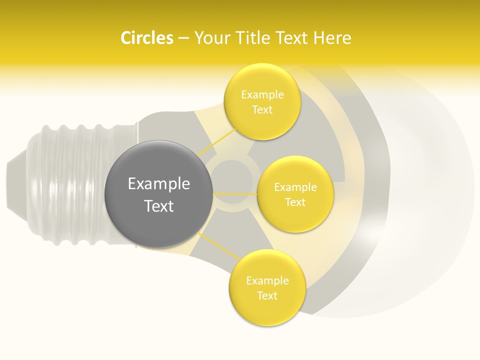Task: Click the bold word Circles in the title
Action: pyautogui.click(x=147, y=38)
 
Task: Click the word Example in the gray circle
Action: pyautogui.click(x=158, y=184)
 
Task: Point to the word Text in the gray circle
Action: pyautogui.click(x=158, y=206)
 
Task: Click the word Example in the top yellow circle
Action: pyautogui.click(x=262, y=95)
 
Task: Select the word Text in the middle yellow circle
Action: pyautogui.click(x=295, y=202)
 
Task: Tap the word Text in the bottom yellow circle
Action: pyautogui.click(x=267, y=296)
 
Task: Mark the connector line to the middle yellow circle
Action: pyautogui.click(x=235, y=194)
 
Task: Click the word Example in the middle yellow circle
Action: pyautogui.click(x=295, y=187)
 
